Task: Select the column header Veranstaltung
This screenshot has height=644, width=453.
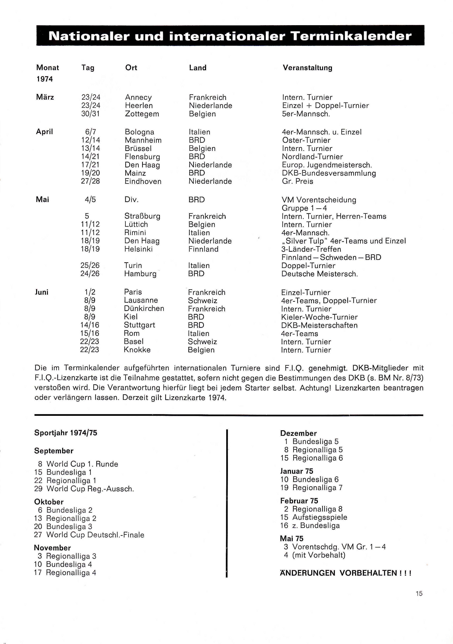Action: (x=307, y=68)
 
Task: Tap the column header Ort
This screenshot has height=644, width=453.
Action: (x=131, y=68)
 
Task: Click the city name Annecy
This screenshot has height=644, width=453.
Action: (x=138, y=97)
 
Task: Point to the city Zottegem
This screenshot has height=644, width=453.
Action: (x=142, y=114)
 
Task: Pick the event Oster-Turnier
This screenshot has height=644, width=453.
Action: (x=306, y=140)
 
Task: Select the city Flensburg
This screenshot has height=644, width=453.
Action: (x=142, y=157)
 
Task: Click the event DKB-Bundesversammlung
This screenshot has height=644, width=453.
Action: (x=329, y=173)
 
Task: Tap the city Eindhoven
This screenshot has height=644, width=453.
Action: (x=143, y=182)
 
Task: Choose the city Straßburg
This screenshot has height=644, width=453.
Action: (x=142, y=216)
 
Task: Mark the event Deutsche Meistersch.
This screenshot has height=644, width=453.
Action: (x=319, y=274)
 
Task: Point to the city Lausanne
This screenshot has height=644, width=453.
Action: (x=141, y=300)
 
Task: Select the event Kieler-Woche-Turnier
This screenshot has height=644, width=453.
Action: (x=319, y=317)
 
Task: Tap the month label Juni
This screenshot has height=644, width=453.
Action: (x=42, y=292)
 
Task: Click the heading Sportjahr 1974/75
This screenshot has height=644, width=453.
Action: (x=65, y=433)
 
